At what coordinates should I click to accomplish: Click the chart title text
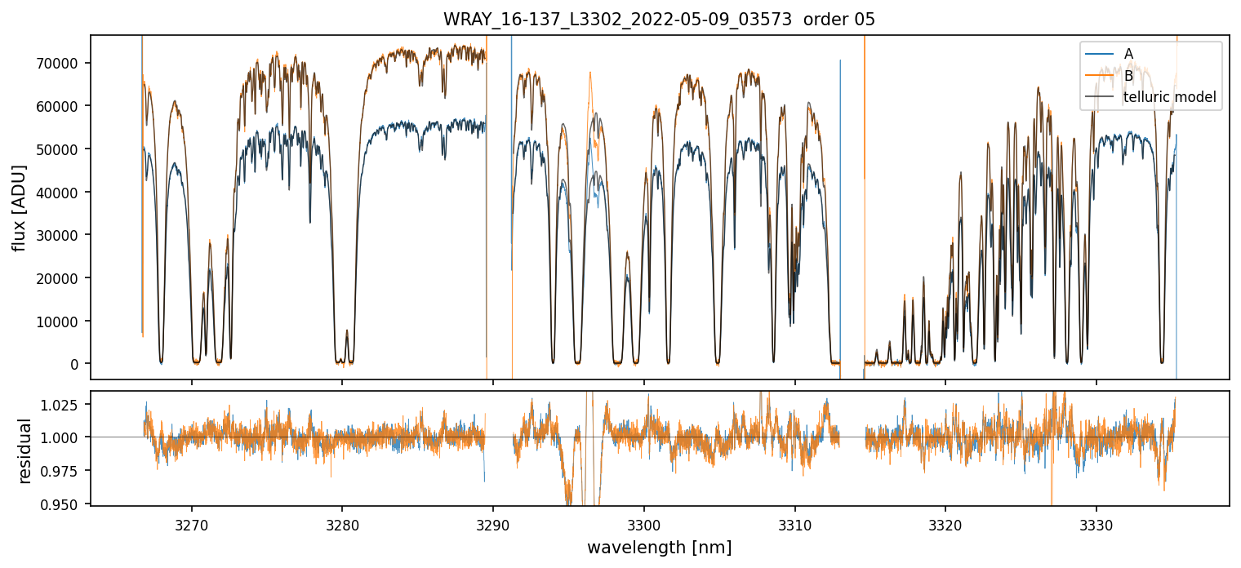(659, 20)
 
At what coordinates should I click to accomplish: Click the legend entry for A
(1129, 54)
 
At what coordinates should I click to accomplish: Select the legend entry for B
(1129, 76)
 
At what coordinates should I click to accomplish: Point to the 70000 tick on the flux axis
(65, 64)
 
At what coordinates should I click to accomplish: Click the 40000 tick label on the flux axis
(65, 193)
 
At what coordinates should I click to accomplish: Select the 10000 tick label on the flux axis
(65, 322)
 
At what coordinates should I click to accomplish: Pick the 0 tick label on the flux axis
(79, 364)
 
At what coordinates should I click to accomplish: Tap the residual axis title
(24, 450)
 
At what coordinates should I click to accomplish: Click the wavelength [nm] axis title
(659, 548)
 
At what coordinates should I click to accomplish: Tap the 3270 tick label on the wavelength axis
(192, 523)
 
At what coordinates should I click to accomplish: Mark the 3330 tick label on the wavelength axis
(1096, 523)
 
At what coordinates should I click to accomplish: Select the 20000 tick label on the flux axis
(65, 278)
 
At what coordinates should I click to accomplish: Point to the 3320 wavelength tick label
(945, 523)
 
